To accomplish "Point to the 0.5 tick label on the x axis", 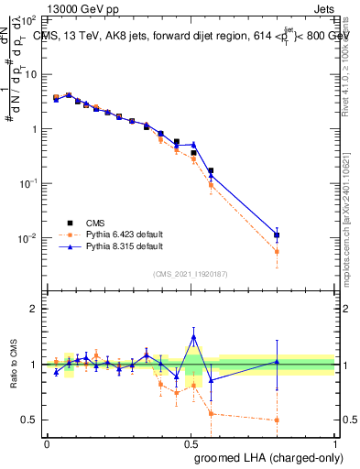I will tap(191, 442).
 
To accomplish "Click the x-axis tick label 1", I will tap(334, 442).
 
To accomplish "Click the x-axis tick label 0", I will tap(47, 442).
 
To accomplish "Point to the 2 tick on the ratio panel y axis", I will tap(34, 309).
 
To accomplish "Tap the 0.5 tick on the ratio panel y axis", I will tap(30, 420).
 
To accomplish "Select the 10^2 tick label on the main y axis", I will tap(30, 19).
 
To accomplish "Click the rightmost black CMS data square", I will tap(277, 235).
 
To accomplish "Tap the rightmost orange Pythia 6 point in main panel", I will tap(277, 251).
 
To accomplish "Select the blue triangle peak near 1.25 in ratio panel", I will tap(193, 337).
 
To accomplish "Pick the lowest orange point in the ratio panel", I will tap(277, 420).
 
